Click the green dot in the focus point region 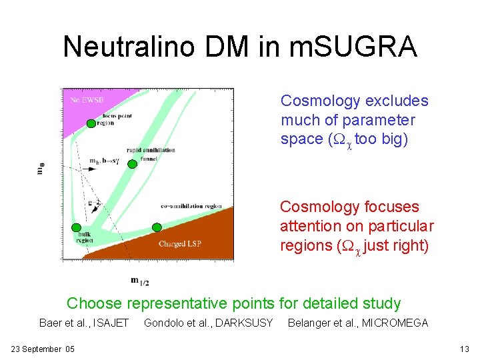tap(91, 123)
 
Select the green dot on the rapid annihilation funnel tap(132, 164)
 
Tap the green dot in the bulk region tap(77, 228)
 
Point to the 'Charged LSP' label tap(179, 245)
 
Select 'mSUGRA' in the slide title tap(354, 47)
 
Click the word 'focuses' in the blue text tap(389, 207)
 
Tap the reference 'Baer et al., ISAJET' tap(83, 323)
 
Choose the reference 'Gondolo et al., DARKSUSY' tap(208, 323)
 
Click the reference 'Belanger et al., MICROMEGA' tap(357, 323)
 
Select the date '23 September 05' tap(43, 349)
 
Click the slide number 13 tap(465, 349)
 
